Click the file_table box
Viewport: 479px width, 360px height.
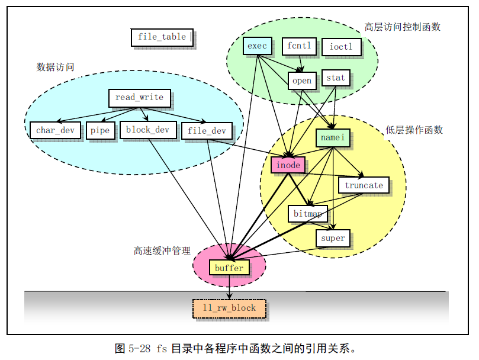tap(162, 37)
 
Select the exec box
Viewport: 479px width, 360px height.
tap(257, 46)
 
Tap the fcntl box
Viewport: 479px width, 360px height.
tap(298, 46)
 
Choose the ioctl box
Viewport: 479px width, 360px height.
tap(340, 46)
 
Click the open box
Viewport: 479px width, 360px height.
tap(302, 81)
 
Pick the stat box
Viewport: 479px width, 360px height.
tap(335, 78)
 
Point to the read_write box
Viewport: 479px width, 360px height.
tap(139, 98)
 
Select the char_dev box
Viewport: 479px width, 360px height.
tap(55, 130)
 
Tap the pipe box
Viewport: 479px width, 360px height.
tap(99, 130)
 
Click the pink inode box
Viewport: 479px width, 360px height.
tap(288, 165)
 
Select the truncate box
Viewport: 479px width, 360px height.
tap(364, 185)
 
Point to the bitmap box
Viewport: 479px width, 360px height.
tap(307, 213)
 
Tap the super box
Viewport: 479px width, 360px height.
tap(333, 238)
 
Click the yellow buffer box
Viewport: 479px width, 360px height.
tap(229, 268)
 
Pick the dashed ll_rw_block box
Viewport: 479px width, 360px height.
tap(229, 308)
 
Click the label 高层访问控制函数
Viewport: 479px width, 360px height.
tap(402, 27)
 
